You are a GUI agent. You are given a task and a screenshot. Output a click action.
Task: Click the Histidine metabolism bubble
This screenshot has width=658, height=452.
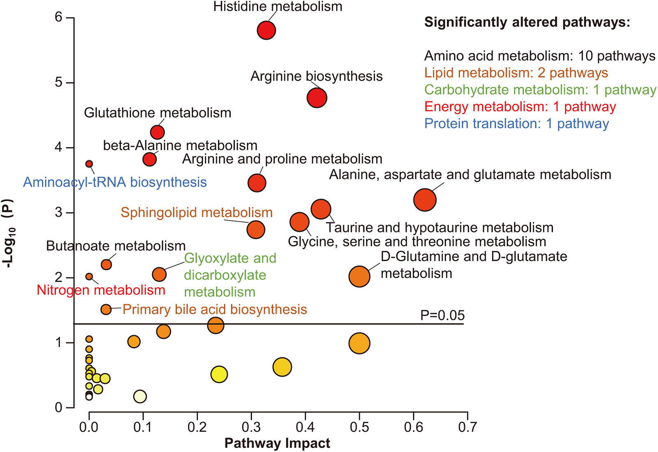click(x=266, y=30)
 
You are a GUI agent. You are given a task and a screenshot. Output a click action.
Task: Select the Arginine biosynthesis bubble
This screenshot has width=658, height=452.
click(x=317, y=98)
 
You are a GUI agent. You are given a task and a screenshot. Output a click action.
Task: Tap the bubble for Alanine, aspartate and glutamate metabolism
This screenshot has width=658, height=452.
click(x=425, y=200)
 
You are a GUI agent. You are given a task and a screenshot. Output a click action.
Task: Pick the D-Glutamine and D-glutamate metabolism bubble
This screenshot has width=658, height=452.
click(x=359, y=276)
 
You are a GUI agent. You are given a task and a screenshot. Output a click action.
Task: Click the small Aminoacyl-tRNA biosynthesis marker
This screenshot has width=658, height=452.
click(x=89, y=164)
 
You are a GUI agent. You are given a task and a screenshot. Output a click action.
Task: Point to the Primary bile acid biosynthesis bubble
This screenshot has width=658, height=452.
click(x=106, y=309)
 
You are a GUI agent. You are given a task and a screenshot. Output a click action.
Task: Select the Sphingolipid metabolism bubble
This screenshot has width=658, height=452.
click(x=256, y=230)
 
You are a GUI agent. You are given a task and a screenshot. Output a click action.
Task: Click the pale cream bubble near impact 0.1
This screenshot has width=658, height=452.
click(x=140, y=396)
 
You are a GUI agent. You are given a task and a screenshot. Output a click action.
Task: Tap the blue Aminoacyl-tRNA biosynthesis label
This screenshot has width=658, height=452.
click(x=115, y=182)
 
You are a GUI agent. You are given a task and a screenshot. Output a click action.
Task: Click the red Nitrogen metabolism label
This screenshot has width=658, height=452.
click(x=101, y=290)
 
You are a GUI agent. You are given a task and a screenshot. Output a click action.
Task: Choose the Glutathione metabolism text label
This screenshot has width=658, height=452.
click(x=158, y=113)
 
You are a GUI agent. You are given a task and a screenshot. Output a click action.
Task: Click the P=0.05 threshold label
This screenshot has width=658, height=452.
click(x=442, y=315)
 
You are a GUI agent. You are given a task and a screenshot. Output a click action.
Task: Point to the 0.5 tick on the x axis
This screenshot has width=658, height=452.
click(x=359, y=427)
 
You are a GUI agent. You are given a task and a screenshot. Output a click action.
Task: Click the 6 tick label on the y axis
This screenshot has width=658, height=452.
click(x=58, y=17)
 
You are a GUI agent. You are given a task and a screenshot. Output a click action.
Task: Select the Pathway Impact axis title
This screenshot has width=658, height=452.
click(x=277, y=443)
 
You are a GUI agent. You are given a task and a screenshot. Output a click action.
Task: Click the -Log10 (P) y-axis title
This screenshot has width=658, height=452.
click(x=9, y=234)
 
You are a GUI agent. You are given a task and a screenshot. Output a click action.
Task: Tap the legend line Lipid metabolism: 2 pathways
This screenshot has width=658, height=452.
click(x=516, y=73)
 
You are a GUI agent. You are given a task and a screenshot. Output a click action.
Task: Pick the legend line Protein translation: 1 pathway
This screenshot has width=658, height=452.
click(x=516, y=124)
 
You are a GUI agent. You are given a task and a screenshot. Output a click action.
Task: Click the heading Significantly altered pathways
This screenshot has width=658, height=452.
click(x=527, y=22)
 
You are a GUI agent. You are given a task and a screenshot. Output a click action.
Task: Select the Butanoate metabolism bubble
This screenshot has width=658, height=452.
click(x=106, y=265)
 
